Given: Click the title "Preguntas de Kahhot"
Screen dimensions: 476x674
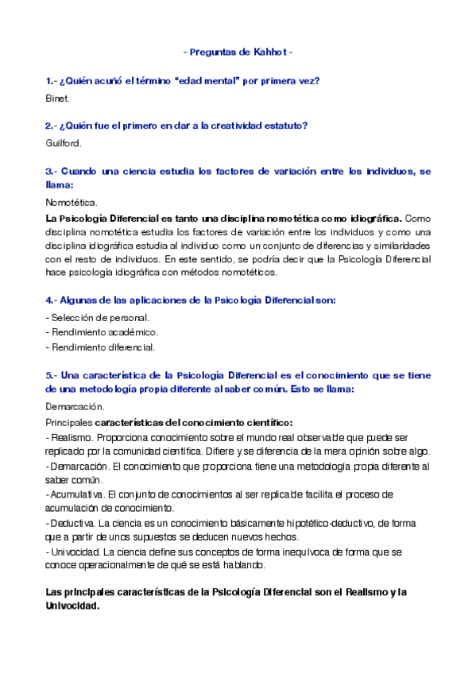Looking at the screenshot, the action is pos(238,52).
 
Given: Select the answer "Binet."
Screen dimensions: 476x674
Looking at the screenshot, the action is pos(58,99).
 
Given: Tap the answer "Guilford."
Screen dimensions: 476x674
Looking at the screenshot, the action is pos(64,143).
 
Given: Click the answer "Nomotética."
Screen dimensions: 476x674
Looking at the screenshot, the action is pos(72,202).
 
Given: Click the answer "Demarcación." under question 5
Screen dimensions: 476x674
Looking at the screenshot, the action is pos(75,406).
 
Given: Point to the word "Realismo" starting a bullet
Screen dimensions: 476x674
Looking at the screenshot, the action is pos(68,437).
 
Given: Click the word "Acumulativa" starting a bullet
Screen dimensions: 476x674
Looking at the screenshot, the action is pos(72,494).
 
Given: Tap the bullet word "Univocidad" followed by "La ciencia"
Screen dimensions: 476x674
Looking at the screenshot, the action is pos(72,552).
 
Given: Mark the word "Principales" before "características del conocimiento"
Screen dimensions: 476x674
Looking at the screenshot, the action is pos(69,421).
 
